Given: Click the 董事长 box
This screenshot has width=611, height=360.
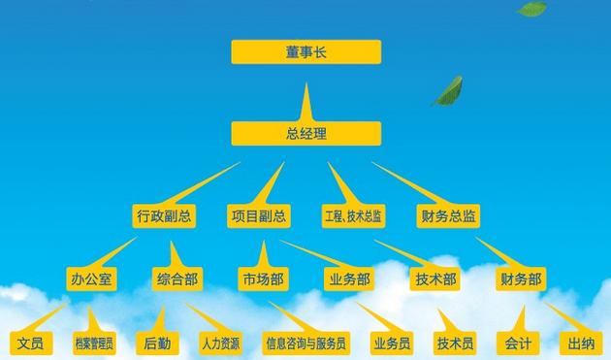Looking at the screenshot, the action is (x=305, y=51).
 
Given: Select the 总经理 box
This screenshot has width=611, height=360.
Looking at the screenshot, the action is (x=305, y=133).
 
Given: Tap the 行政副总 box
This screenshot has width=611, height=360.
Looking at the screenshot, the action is (x=164, y=216).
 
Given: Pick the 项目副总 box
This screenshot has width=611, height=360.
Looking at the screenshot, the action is (x=259, y=216).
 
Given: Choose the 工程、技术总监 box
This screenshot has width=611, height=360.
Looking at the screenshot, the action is (x=353, y=216).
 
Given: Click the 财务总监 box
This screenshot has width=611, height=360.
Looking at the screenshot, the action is (x=448, y=216).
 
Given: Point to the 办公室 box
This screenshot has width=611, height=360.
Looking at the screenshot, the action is (x=91, y=278).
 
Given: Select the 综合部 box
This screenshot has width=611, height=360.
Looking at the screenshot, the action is (x=177, y=278).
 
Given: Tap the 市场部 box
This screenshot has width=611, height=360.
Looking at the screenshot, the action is (x=264, y=278).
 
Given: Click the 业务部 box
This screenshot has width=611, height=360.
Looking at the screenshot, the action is (x=349, y=278).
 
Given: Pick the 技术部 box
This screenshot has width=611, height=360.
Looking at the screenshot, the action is (x=435, y=278).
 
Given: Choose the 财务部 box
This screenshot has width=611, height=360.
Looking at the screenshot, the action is (x=521, y=278).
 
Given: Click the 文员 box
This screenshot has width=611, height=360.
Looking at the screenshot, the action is (x=31, y=344).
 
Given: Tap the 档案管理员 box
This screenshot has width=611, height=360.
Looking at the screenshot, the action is (x=94, y=344).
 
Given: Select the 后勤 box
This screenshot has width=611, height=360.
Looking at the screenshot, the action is (x=157, y=344).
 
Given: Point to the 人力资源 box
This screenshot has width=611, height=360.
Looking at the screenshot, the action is (x=220, y=344).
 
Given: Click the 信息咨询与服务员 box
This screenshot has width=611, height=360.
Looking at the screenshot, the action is (x=305, y=344).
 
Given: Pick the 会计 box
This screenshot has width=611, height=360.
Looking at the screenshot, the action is (x=518, y=344).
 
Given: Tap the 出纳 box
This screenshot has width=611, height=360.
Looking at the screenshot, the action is (x=581, y=344).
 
